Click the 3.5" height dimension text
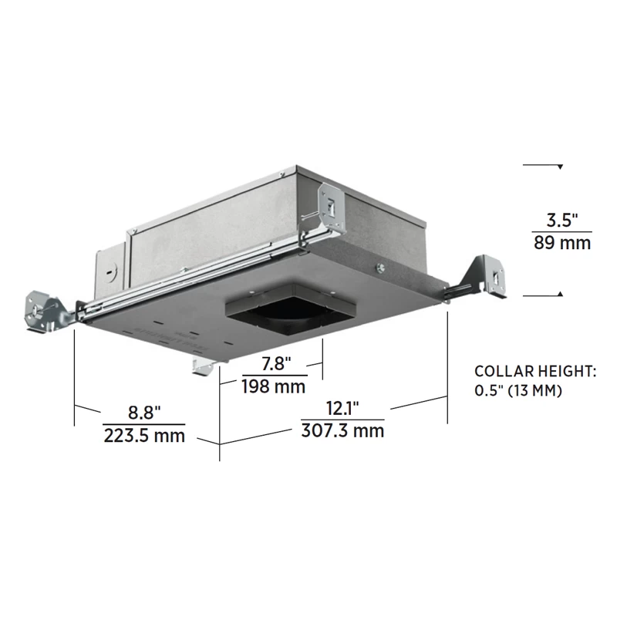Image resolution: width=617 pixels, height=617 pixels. tap(562, 220)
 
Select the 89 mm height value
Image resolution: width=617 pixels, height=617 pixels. tap(562, 243)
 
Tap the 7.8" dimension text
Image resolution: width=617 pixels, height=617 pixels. tap(276, 363)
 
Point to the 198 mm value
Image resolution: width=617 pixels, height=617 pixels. tap(274, 386)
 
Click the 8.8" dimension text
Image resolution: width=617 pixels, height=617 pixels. tap(144, 413)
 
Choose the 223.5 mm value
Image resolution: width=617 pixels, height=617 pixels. tap(144, 436)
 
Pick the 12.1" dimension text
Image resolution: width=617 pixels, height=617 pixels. tap(342, 408)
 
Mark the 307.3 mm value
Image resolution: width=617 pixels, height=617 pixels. tap(342, 430)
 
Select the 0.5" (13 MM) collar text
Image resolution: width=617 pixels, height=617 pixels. tap(518, 391)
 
